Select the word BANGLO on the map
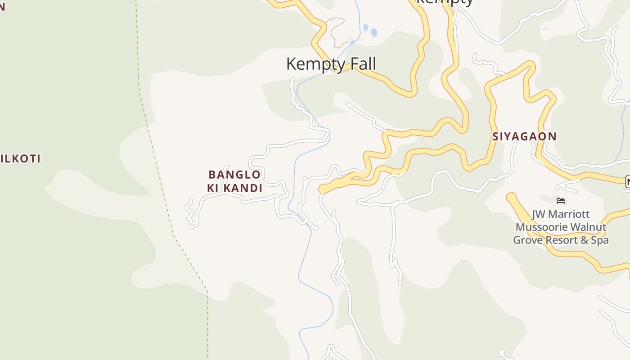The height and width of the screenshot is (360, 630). [x=234, y=175]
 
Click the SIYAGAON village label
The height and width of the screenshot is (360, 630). [x=524, y=136]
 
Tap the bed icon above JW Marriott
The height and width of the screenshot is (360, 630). [x=561, y=201]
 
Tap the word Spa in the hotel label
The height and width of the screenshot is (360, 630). [x=599, y=240]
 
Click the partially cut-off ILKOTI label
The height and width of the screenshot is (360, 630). [x=21, y=159]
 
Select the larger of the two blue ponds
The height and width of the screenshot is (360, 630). [x=373, y=32]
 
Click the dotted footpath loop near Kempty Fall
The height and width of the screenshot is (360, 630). [x=336, y=31]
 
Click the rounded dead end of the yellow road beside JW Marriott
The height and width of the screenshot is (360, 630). [x=511, y=197]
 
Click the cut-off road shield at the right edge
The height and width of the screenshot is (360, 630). [x=628, y=181]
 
